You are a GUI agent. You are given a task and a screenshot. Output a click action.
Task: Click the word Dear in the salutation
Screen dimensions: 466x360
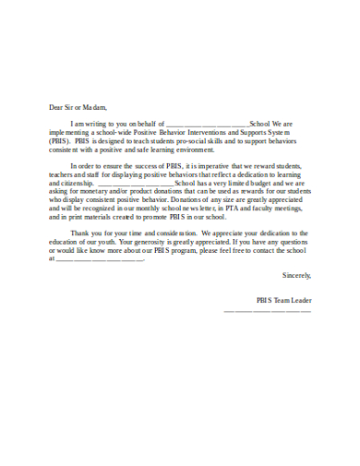[57, 106]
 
